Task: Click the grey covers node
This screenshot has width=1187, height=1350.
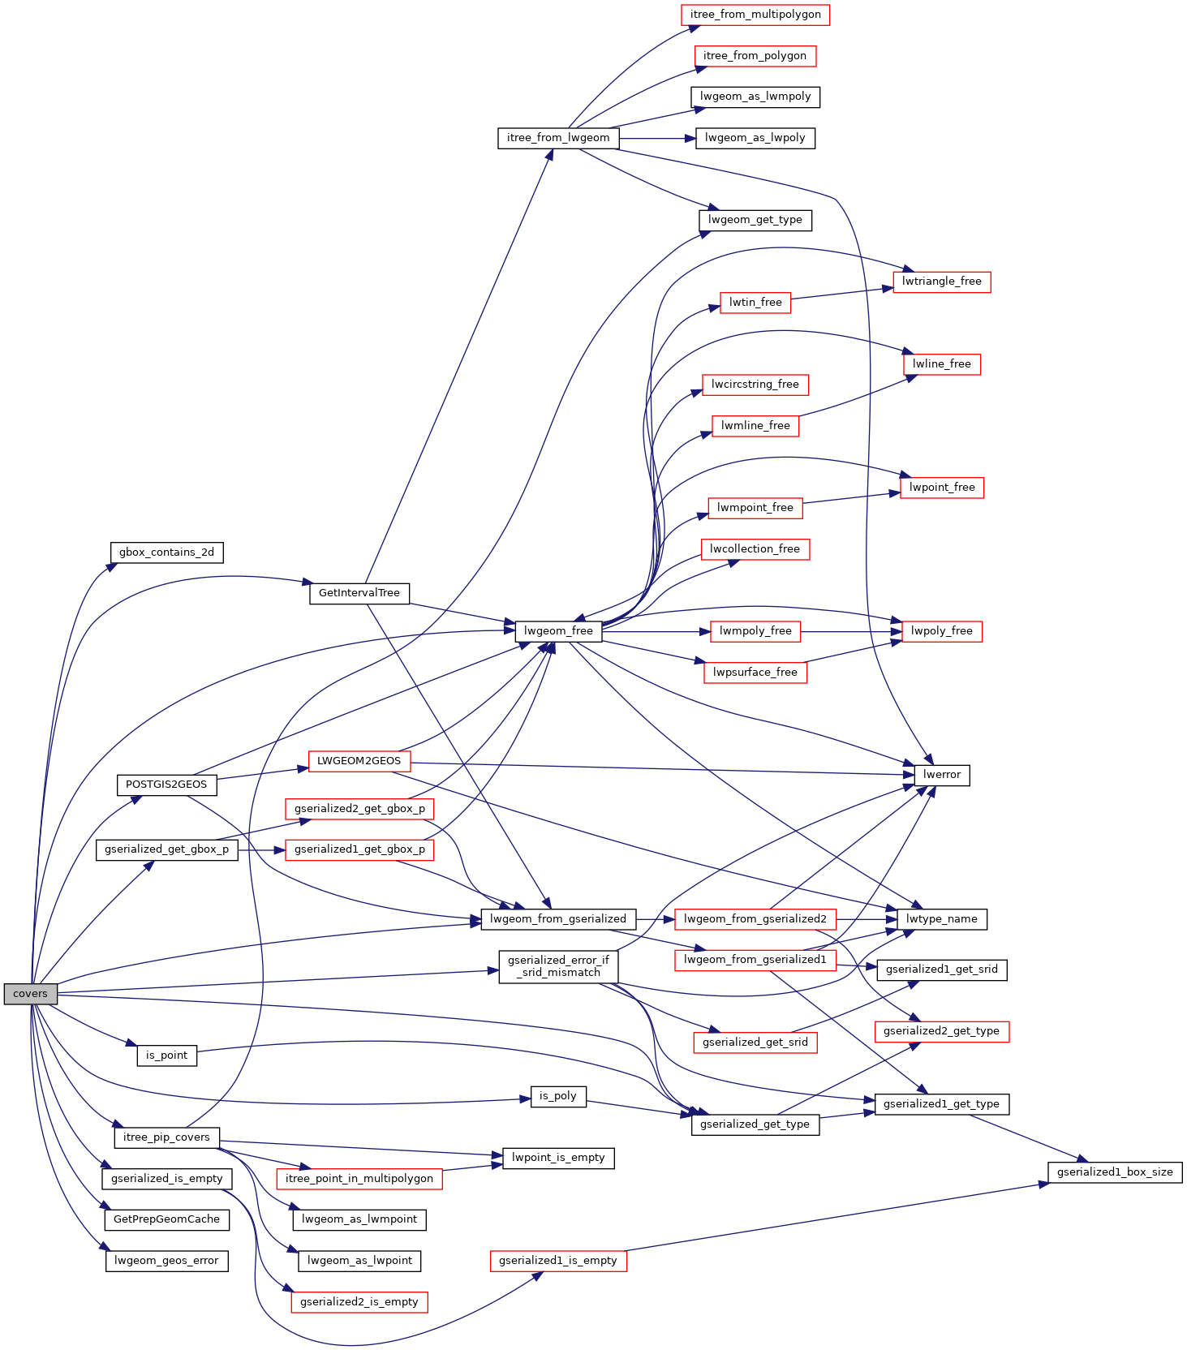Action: tap(31, 994)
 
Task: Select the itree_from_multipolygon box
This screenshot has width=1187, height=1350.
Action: tap(755, 15)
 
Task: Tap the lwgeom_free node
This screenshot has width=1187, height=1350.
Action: tap(558, 630)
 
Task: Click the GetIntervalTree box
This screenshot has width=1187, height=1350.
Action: tap(359, 593)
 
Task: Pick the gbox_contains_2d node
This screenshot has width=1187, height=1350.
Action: tap(167, 552)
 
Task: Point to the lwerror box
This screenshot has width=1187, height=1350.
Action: tap(942, 775)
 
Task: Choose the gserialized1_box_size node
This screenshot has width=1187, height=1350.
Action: tap(1115, 1172)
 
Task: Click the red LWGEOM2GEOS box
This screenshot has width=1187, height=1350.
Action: tap(359, 761)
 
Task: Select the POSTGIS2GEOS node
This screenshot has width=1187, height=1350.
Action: tap(166, 785)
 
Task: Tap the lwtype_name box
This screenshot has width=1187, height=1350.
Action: tap(942, 919)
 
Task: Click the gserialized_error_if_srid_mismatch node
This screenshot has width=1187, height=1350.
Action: tap(558, 966)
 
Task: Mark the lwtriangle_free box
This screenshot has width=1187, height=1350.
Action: tap(942, 282)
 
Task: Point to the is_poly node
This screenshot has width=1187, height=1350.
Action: tap(558, 1096)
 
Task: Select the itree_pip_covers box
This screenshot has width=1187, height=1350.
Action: tap(166, 1137)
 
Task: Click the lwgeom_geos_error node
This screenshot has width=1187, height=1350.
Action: tap(166, 1261)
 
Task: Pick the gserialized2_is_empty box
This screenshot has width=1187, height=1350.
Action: tap(359, 1302)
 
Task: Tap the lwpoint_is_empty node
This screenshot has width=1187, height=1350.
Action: tap(558, 1158)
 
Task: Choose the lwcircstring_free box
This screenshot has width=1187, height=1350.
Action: tap(755, 385)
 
